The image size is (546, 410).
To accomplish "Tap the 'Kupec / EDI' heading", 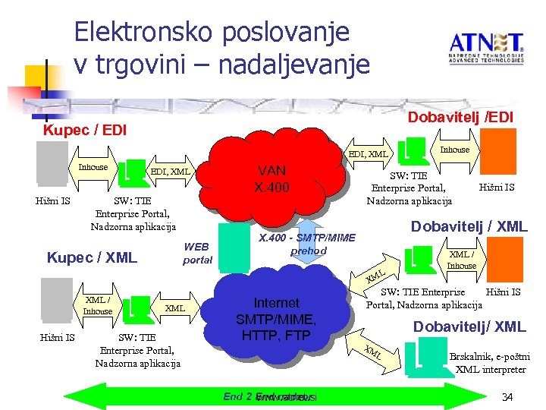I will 85,130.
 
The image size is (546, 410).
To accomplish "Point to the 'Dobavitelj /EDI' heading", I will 460,117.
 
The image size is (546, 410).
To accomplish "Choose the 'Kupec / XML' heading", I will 92,257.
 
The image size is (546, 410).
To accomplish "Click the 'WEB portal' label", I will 197,253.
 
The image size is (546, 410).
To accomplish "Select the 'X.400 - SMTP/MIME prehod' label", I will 308,244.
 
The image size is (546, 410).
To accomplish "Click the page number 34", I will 508,397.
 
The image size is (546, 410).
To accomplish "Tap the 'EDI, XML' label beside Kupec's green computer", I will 171,172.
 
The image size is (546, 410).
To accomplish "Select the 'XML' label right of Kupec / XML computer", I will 175,307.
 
